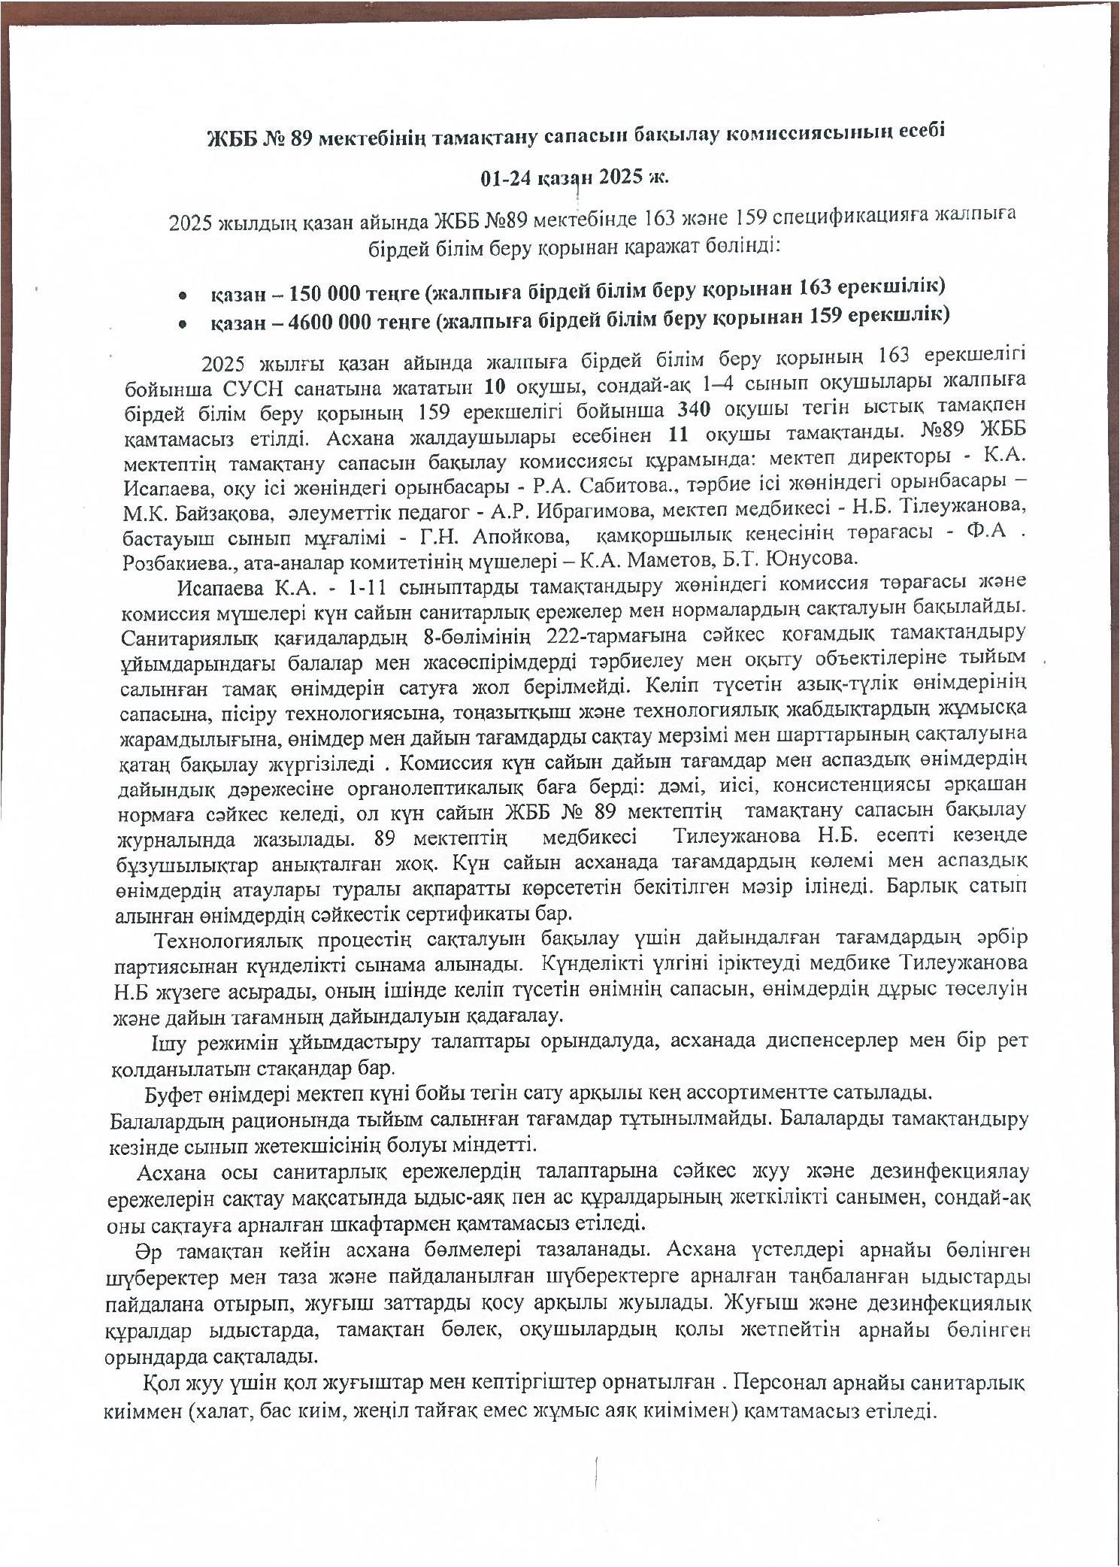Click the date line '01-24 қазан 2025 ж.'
click(575, 177)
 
